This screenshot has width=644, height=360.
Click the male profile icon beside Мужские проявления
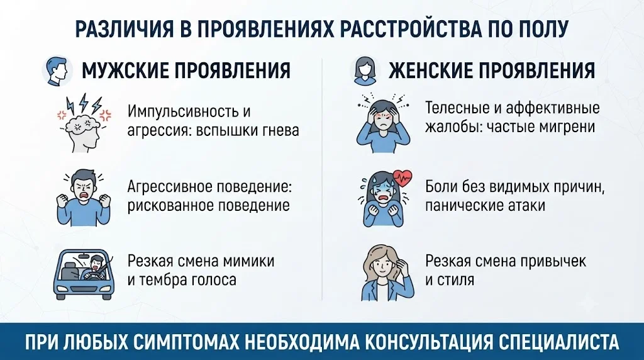57,70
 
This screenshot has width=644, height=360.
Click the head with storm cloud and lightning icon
84,123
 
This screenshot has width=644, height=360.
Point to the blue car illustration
84,274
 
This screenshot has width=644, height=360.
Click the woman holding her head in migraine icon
383,123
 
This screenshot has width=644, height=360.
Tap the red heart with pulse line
402,179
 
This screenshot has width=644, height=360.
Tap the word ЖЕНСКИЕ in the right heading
431,70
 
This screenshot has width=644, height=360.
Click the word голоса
214,280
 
